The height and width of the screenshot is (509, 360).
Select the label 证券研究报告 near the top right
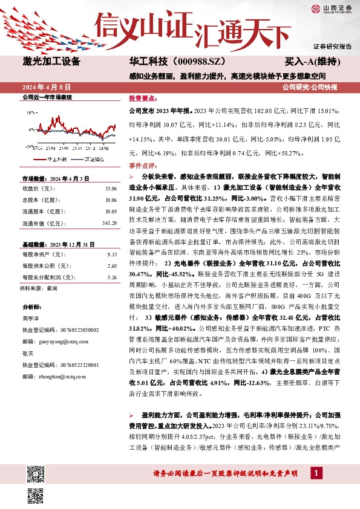tap(332, 47)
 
